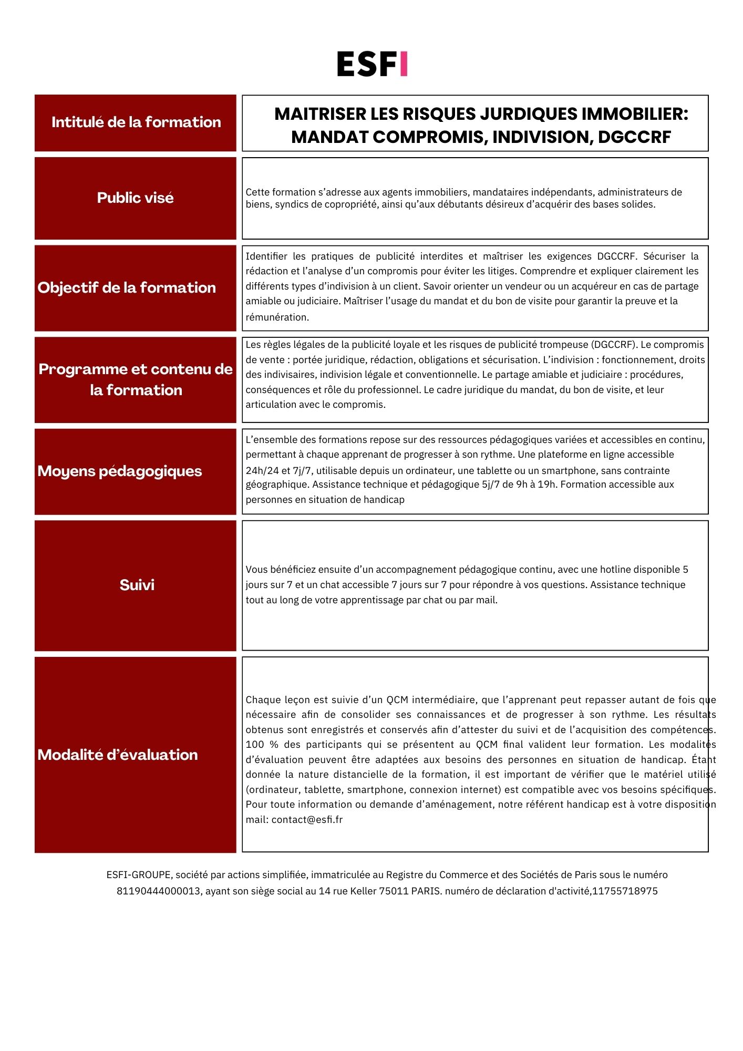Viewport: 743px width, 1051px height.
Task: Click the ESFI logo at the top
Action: point(372,64)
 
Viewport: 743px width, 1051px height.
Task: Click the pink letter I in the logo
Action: point(403,64)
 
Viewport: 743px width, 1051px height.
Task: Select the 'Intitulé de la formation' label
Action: point(136,122)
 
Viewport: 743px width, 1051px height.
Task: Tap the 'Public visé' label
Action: point(136,198)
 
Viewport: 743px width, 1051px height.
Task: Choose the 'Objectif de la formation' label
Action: point(127,287)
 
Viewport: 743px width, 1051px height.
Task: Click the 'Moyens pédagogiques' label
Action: point(120,471)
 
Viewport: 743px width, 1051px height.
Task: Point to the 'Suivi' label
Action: point(137,585)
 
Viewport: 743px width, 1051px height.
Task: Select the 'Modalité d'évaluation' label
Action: point(118,755)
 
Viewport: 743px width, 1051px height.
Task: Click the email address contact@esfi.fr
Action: point(307,819)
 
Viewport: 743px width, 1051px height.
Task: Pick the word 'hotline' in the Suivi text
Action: point(614,569)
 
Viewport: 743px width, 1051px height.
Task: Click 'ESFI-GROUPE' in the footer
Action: point(139,874)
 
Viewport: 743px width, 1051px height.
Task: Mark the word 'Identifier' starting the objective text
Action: point(266,256)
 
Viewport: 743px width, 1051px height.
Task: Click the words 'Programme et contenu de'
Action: point(136,369)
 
